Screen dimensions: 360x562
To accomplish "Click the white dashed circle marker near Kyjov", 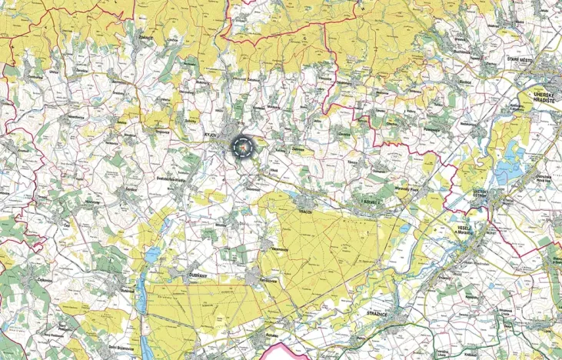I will click(x=242, y=145).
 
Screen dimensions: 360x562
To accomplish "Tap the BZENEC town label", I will click(x=371, y=202).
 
